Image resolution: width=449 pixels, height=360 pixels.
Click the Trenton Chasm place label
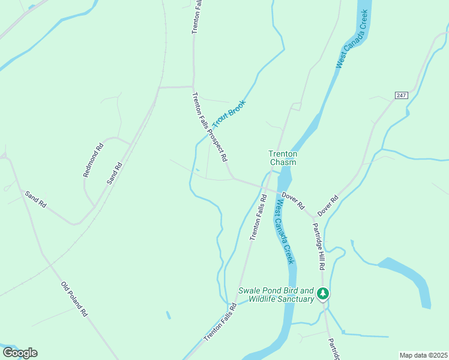click(x=283, y=158)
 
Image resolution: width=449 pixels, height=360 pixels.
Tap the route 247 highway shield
click(x=402, y=95)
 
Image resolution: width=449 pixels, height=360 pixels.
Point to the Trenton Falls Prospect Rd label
click(x=209, y=127)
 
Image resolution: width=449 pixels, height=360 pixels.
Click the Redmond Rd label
click(x=93, y=160)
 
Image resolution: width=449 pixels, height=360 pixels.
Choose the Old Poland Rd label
click(x=75, y=299)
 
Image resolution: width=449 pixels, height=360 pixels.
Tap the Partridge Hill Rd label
click(x=318, y=246)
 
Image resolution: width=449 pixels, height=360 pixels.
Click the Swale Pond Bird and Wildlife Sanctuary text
click(x=276, y=295)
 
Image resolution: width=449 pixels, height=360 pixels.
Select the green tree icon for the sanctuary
click(x=324, y=293)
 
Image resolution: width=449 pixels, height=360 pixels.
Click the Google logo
click(x=20, y=352)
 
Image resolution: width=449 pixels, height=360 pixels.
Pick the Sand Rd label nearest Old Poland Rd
click(x=35, y=199)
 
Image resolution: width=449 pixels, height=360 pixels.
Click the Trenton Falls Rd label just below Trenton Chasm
click(x=258, y=217)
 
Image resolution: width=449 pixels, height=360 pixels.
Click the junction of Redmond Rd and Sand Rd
click(x=94, y=206)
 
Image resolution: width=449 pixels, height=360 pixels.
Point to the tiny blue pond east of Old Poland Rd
click(x=167, y=314)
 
